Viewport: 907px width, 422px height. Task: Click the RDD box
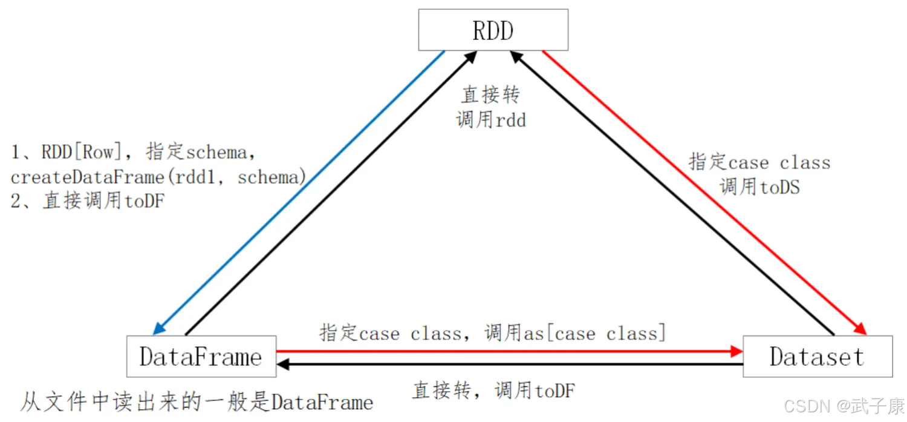click(x=493, y=30)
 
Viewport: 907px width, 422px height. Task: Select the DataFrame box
click(x=201, y=357)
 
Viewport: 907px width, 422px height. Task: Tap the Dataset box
click(x=817, y=357)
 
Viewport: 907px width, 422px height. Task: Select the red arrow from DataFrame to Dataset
click(x=508, y=351)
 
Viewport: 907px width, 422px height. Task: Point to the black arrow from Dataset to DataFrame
click(x=508, y=364)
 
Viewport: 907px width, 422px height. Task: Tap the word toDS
click(x=780, y=187)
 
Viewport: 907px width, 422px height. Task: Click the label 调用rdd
click(x=491, y=120)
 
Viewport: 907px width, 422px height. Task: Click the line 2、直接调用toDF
click(x=88, y=201)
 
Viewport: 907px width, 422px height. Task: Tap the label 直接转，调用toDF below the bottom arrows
click(x=493, y=391)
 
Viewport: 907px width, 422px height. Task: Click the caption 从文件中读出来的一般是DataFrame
click(x=197, y=402)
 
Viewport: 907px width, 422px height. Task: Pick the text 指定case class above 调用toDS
click(x=759, y=162)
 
